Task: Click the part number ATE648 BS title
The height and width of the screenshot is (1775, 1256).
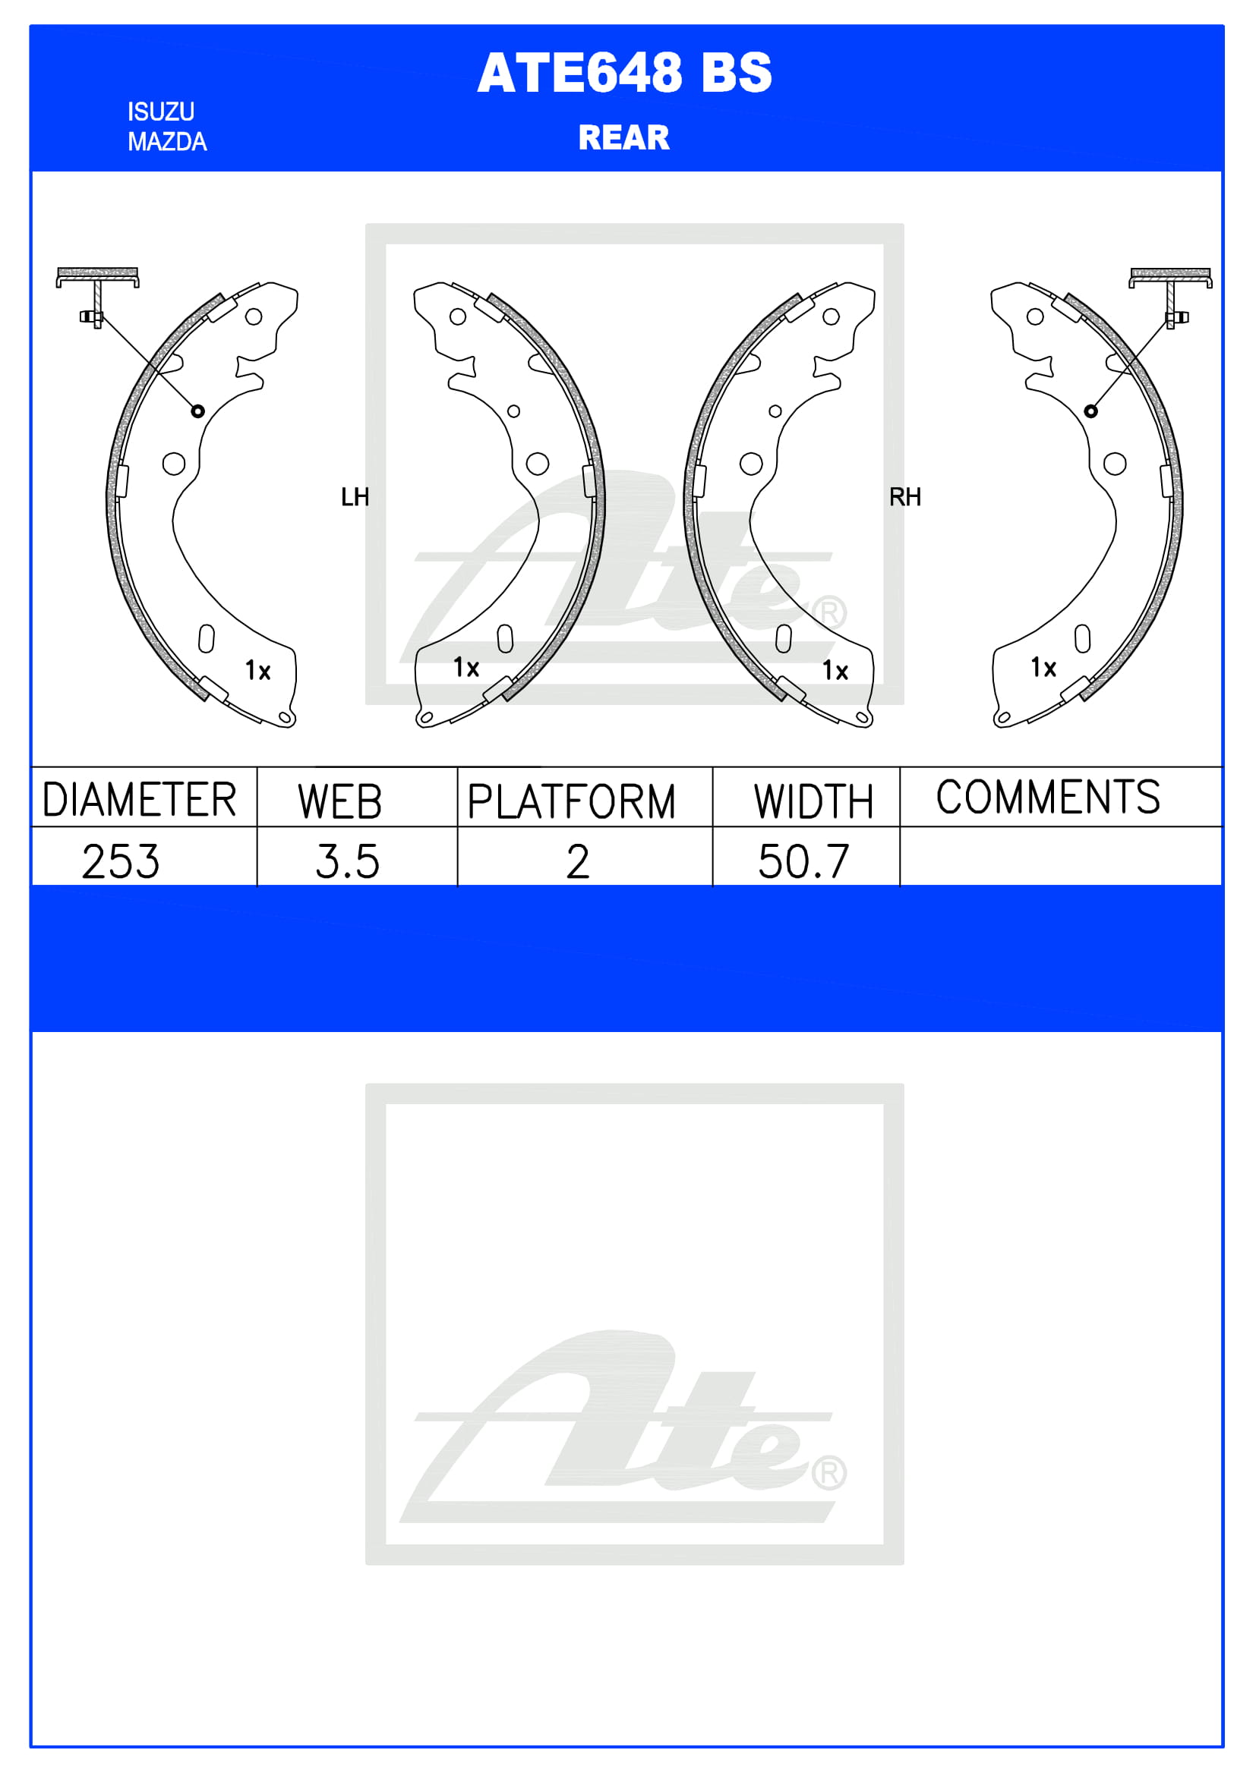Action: (x=624, y=74)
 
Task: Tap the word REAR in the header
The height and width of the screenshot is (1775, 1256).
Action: (x=624, y=137)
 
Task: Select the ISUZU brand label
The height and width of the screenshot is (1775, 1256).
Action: (x=161, y=112)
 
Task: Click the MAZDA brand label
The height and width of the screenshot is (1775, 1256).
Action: (x=167, y=142)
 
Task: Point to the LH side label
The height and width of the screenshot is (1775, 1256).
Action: (x=355, y=497)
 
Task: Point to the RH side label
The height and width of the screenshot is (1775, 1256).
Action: (x=905, y=497)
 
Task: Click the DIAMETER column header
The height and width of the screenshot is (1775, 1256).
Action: (x=139, y=799)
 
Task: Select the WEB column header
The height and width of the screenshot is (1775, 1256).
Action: (x=340, y=801)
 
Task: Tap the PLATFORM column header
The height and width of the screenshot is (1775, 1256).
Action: (x=572, y=801)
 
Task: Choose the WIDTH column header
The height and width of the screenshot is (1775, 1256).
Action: (x=813, y=801)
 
